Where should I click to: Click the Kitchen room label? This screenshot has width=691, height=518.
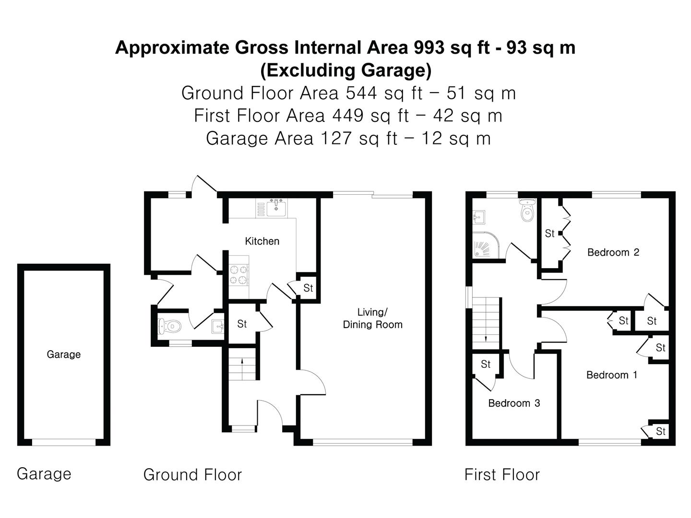coord(262,241)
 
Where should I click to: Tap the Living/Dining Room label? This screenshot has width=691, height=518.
coord(372,318)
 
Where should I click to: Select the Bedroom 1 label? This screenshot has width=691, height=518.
coord(612,375)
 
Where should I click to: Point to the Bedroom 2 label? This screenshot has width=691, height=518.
coord(613,252)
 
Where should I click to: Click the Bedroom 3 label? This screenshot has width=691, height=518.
coord(514,403)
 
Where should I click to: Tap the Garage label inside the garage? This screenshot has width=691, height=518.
coord(63,354)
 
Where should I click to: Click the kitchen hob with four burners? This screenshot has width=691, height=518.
coord(238,275)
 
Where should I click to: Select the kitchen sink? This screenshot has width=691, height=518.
coord(276,208)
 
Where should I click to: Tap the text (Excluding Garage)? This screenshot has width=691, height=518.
coord(345,70)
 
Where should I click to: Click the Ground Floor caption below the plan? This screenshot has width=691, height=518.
coord(192,475)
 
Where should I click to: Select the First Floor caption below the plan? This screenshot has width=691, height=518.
coord(502,475)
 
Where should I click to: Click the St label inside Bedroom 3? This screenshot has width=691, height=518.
coord(486,365)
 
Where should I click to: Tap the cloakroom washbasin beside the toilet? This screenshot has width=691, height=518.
coord(218,326)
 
